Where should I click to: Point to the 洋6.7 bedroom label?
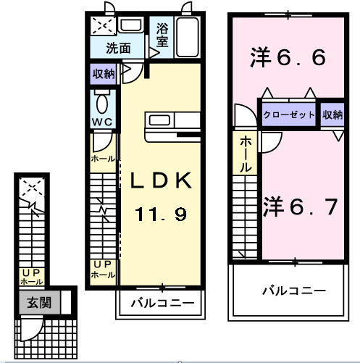pos(300,207)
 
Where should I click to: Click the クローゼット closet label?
pos(288,115)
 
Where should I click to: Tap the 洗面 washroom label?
pos(118,49)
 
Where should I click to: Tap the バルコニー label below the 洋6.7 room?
pos(293,291)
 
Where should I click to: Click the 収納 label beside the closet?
pos(332,115)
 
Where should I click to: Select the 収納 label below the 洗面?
pos(103,74)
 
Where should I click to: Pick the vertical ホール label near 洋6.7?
pos(246,154)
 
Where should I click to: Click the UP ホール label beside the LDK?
pos(102,270)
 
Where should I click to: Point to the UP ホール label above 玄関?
pos(32,276)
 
